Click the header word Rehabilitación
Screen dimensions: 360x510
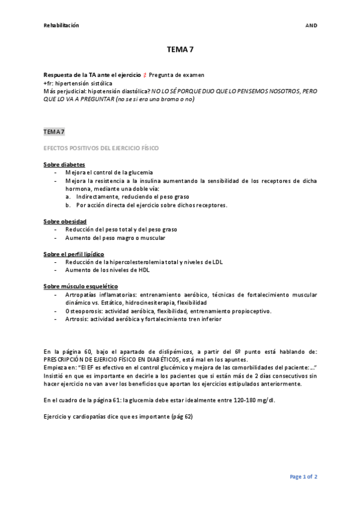coord(61,25)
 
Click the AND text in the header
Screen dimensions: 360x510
coord(311,25)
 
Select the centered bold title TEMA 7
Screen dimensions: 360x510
coord(180,52)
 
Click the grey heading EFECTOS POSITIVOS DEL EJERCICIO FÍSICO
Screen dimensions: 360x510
coord(102,147)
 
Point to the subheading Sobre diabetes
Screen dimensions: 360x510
coord(64,164)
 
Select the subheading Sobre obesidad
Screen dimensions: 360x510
coord(65,221)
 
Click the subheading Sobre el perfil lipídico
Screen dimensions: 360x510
coord(73,254)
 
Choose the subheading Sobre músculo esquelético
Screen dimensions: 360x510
coord(81,286)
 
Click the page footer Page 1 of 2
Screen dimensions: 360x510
coord(304,477)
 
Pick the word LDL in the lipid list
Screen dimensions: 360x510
coord(217,262)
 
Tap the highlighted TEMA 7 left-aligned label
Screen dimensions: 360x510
coord(54,131)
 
